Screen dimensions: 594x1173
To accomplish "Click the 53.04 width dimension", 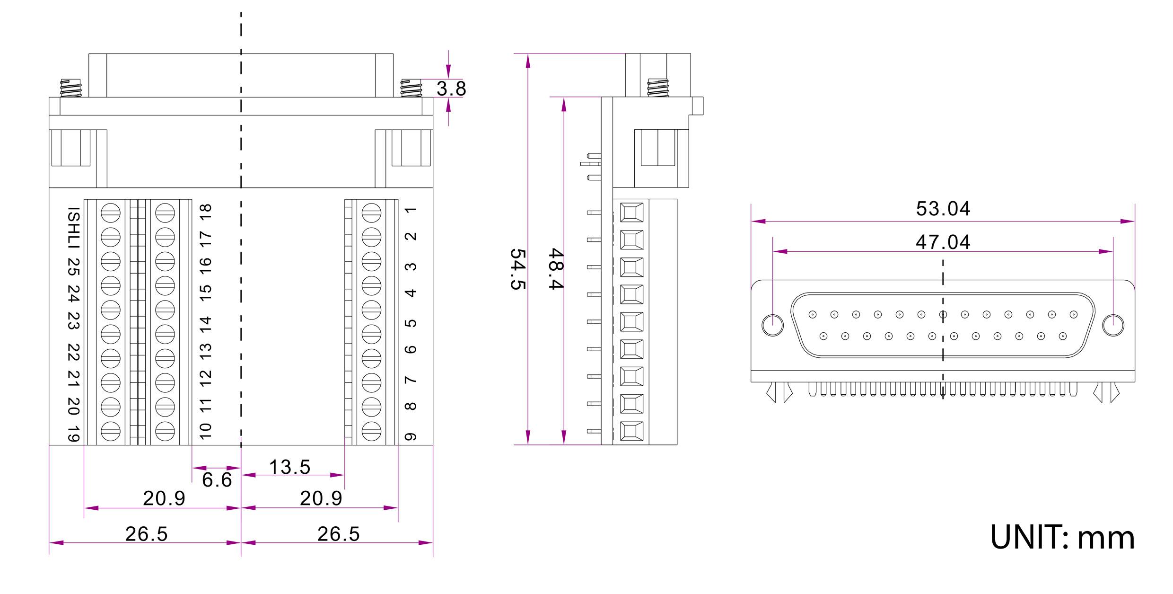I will pyautogui.click(x=943, y=209).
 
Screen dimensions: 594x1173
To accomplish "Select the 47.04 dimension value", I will pyautogui.click(x=943, y=242).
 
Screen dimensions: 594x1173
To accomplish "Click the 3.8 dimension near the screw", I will pyautogui.click(x=451, y=89).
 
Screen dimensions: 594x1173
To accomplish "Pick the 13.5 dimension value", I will pyautogui.click(x=289, y=467).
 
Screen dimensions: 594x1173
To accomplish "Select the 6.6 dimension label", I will pyautogui.click(x=217, y=480).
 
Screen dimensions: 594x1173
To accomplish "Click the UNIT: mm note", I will pyautogui.click(x=1062, y=538).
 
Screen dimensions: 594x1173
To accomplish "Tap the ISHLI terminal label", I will pyautogui.click(x=73, y=228).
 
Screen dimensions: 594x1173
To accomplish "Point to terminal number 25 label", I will pyautogui.click(x=73, y=267).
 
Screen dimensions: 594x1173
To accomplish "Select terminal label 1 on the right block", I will pyautogui.click(x=411, y=210).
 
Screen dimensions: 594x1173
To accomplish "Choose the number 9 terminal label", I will pyautogui.click(x=411, y=436).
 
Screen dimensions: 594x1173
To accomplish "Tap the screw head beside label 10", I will pyautogui.click(x=165, y=431).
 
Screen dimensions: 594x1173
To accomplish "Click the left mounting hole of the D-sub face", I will pyautogui.click(x=772, y=325).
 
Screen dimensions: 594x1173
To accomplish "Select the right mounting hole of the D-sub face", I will pyautogui.click(x=1113, y=325).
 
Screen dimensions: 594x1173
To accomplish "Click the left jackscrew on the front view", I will pyautogui.click(x=71, y=89).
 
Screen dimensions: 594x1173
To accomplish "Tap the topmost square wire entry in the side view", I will pyautogui.click(x=631, y=213).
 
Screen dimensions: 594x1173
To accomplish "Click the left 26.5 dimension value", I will pyautogui.click(x=146, y=534).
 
